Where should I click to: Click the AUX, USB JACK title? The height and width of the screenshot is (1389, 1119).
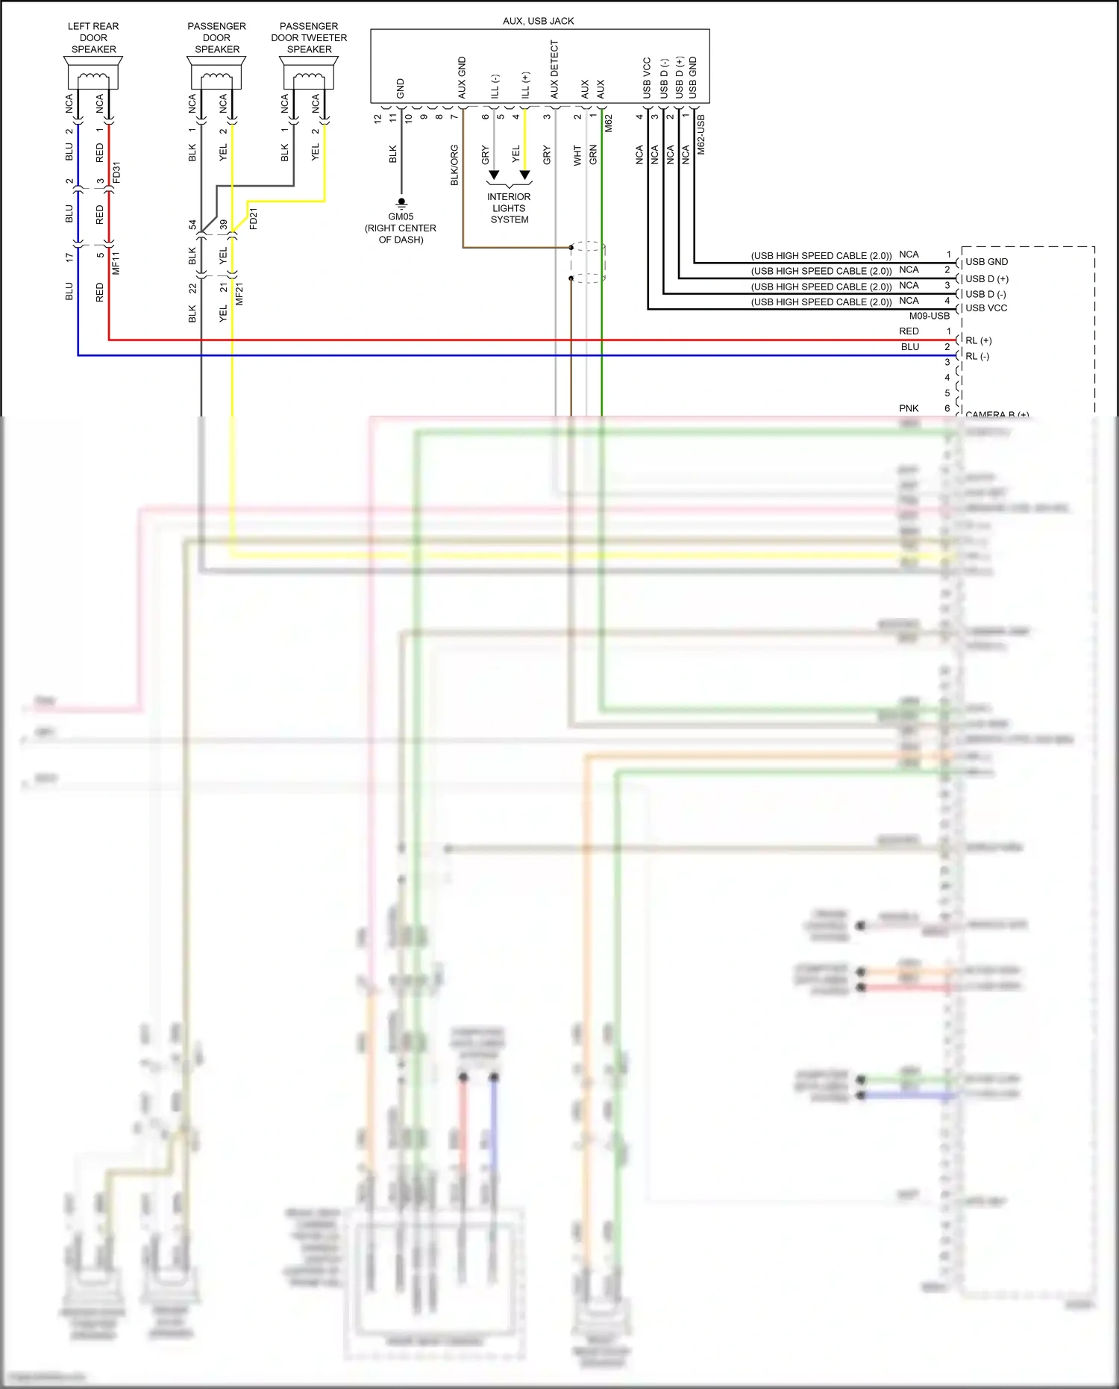(x=538, y=21)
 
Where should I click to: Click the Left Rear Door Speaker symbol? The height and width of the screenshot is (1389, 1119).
(x=93, y=75)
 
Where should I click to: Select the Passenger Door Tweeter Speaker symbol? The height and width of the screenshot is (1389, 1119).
(x=309, y=75)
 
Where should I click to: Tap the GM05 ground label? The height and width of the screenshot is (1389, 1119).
(x=401, y=216)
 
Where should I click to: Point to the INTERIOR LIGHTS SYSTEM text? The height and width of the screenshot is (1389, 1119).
(x=509, y=208)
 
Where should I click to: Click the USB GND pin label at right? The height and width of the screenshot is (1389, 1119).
(x=986, y=262)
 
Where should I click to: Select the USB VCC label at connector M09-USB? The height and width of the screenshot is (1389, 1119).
(x=986, y=308)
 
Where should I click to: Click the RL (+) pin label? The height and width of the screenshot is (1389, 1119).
(x=978, y=340)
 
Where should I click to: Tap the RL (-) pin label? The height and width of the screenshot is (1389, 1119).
(x=977, y=356)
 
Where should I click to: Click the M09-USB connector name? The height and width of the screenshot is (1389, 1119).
(x=929, y=316)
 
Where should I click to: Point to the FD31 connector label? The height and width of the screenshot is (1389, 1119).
(x=116, y=172)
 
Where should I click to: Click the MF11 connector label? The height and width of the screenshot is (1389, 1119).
(x=116, y=263)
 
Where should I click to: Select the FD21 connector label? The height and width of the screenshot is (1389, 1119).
(x=254, y=219)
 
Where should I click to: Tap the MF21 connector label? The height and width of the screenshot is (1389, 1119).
(x=239, y=293)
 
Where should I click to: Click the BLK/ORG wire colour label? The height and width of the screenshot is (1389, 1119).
(x=454, y=165)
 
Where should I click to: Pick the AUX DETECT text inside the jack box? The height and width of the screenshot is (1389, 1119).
(x=554, y=69)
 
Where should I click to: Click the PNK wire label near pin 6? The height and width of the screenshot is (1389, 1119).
(x=909, y=408)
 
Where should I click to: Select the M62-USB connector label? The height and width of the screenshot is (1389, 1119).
(x=701, y=134)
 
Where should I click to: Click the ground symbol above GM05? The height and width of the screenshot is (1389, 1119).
(x=401, y=202)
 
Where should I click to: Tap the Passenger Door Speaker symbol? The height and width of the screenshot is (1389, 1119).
(x=217, y=75)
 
